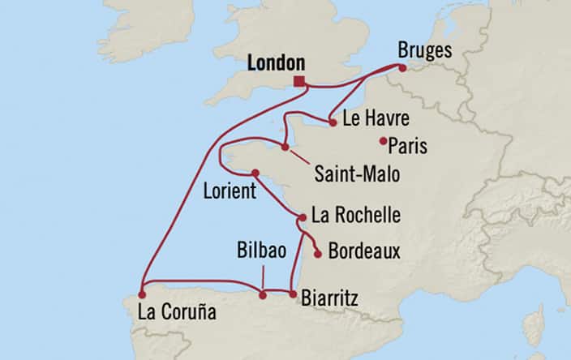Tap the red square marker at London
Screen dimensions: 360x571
pos(300,81)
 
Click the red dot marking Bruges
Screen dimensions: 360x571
pos(402,69)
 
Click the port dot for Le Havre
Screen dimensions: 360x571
pos(333,123)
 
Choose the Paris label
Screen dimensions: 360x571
pos(408,147)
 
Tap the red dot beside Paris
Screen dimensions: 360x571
pos(383,141)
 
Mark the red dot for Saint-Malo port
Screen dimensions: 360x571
pos(285,147)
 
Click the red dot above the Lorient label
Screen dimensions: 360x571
pos(255,173)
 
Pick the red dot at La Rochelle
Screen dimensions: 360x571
pos(302,217)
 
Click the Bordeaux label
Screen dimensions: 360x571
pos(364,251)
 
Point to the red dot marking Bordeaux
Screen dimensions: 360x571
pos(318,255)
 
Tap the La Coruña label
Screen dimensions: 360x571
pos(176,311)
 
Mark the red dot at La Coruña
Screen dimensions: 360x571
pos(142,294)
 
